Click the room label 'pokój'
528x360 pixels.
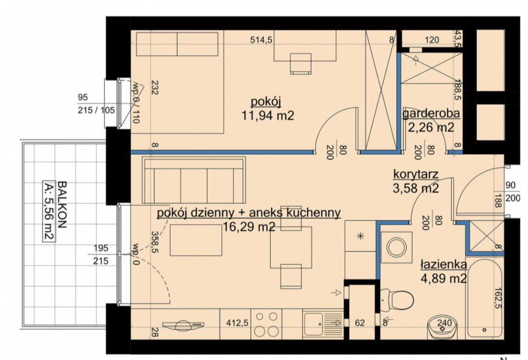[x=266, y=101]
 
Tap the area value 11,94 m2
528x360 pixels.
[x=268, y=116]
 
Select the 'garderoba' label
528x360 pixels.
[x=431, y=114]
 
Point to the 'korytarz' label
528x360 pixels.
[x=416, y=174]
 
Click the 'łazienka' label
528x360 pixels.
[x=443, y=265]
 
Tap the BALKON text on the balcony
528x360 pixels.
[x=62, y=205]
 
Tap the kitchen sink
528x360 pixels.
[x=313, y=324]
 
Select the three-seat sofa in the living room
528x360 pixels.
[x=194, y=180]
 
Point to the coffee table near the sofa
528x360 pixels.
[x=196, y=240]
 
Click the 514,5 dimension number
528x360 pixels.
[x=261, y=40]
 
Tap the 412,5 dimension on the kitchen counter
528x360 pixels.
[x=237, y=323]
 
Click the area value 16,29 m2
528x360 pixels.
[x=249, y=227]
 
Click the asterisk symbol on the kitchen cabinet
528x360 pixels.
[x=360, y=236]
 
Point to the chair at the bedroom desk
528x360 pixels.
[x=300, y=63]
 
